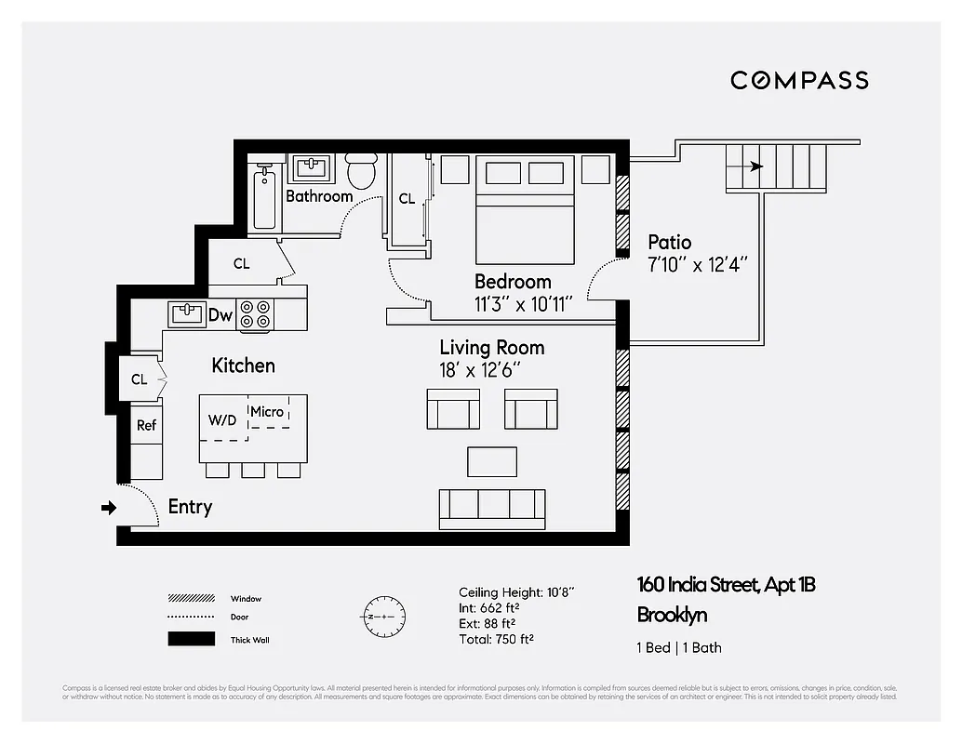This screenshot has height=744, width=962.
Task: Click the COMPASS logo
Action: pos(799,80)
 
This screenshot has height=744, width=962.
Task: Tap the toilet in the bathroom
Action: pos(360,170)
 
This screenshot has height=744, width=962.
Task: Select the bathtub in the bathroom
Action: pos(264,197)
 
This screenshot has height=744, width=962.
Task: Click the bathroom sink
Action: pos(311,169)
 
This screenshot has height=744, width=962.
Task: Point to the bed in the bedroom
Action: pos(525,210)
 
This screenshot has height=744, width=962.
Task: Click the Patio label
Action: pos(670,243)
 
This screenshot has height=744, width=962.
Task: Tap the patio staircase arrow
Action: pos(755,167)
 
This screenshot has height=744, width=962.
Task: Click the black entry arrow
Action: pos(109,508)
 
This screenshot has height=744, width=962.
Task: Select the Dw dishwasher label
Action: pos(220,315)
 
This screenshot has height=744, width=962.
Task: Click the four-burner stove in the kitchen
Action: pos(255,315)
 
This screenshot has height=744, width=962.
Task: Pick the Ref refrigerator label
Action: pos(147,425)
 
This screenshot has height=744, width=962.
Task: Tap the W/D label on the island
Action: pos(222,419)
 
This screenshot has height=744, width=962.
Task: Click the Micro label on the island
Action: pos(267,411)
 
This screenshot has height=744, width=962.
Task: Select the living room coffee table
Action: pos(491,461)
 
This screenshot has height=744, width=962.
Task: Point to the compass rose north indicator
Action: pos(382,617)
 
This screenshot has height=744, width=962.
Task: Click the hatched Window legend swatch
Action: pos(186,598)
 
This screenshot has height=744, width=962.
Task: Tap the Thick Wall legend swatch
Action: pos(186,639)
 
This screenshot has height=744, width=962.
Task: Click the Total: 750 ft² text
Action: pos(496,639)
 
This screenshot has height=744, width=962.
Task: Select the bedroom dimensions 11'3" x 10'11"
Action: pos(522,303)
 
